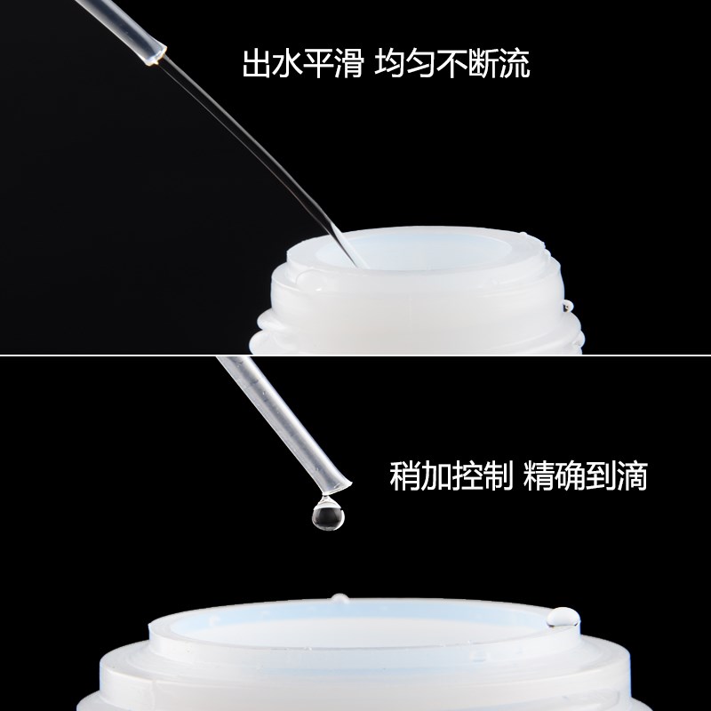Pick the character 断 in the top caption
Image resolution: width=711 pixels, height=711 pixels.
tap(482, 64)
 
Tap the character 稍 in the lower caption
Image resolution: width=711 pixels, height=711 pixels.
tap(406, 478)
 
